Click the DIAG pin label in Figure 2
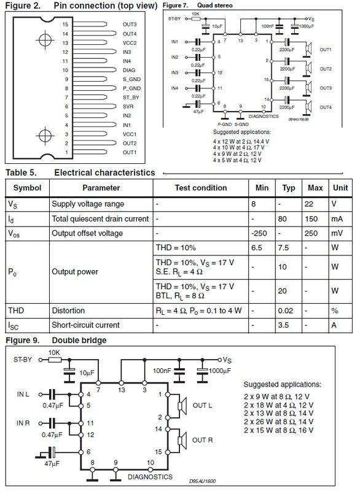coord(128,70)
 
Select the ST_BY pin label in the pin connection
coord(130,97)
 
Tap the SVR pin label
coord(128,106)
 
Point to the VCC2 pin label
coord(130,43)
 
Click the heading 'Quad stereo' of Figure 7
coord(219,6)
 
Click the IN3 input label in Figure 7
coord(175,73)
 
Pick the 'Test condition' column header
coord(201,187)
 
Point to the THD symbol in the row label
coord(18,310)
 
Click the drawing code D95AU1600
coord(202,481)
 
